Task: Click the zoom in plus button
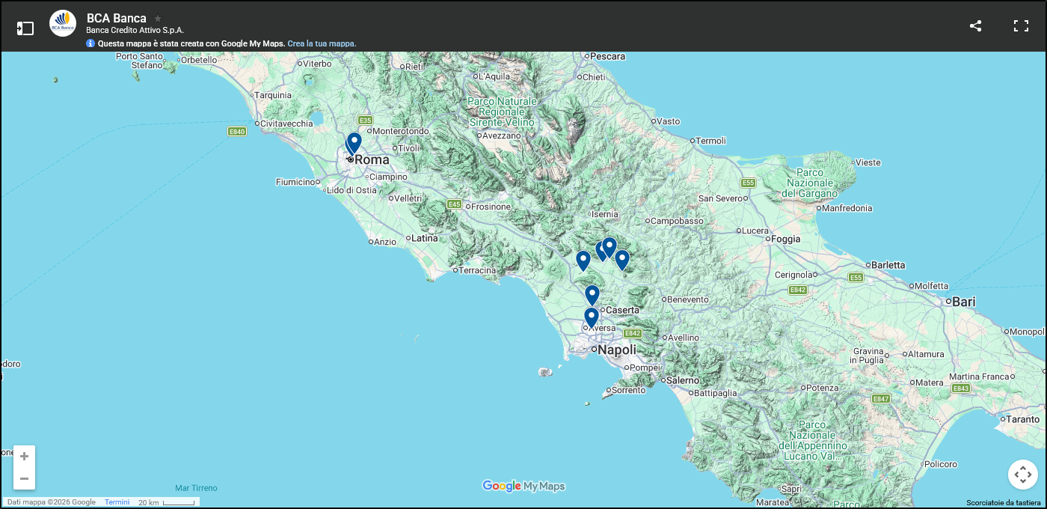[x=24, y=456]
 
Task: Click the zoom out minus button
[x=24, y=478]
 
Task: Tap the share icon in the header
[x=975, y=26]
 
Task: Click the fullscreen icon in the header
[x=1021, y=26]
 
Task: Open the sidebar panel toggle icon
[x=25, y=28]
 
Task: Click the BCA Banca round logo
[x=63, y=23]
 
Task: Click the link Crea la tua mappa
[x=322, y=44]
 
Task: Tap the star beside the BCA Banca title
[x=158, y=18]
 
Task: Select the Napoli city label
[x=617, y=350]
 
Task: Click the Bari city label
[x=963, y=302]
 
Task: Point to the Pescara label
[x=607, y=56]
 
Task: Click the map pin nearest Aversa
[x=591, y=317]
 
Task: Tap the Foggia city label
[x=785, y=240]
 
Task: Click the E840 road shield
[x=237, y=132]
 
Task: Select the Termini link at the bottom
[x=117, y=502]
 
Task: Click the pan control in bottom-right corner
[x=1022, y=475]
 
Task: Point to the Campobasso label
[x=677, y=222]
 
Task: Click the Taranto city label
[x=1022, y=420]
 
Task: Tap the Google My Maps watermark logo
[x=523, y=487]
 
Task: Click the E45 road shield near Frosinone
[x=454, y=204]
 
